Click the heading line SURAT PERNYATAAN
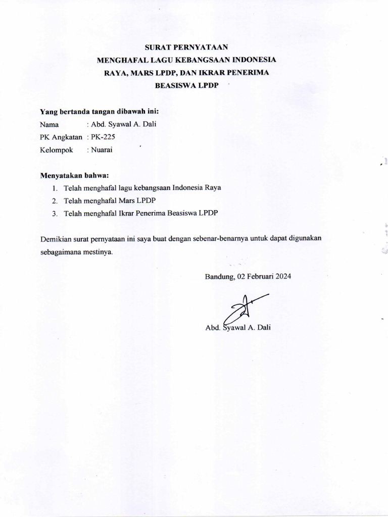click(x=187, y=48)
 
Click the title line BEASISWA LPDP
click(x=186, y=86)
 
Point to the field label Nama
click(x=49, y=124)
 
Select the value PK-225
click(x=104, y=137)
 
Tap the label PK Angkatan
click(x=61, y=137)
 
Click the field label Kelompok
click(x=56, y=149)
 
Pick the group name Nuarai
click(x=102, y=149)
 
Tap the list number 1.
click(x=55, y=188)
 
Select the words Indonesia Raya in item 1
click(x=197, y=188)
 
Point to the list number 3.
click(x=55, y=214)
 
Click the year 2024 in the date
click(x=282, y=277)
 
